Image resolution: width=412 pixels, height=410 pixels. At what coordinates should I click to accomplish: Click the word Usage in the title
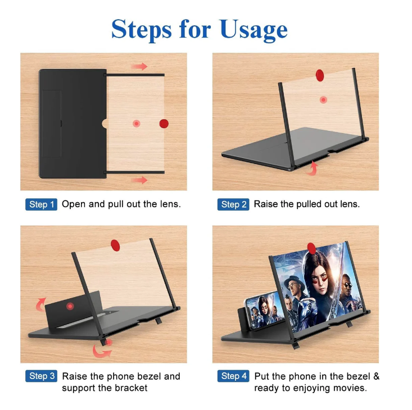tap(253, 30)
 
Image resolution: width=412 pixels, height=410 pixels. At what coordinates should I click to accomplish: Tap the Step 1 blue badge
tap(41, 204)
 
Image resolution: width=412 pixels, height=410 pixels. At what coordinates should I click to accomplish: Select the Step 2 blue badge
tap(233, 204)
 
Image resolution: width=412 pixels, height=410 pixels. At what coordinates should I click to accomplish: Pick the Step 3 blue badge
tap(41, 376)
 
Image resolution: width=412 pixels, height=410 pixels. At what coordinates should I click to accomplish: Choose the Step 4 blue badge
tap(233, 376)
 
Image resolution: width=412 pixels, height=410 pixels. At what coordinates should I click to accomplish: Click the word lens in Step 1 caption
tap(170, 204)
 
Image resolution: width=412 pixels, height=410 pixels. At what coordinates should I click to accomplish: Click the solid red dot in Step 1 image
tap(164, 124)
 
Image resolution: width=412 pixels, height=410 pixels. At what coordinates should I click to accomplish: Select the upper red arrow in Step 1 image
tap(139, 66)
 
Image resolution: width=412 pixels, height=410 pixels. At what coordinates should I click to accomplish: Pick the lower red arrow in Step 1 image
tap(139, 180)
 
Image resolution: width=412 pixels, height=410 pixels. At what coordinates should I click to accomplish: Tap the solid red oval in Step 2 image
tap(320, 75)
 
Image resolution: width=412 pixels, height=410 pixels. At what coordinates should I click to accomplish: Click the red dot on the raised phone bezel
tap(70, 306)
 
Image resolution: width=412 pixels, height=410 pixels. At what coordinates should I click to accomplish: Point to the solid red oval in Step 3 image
tap(115, 245)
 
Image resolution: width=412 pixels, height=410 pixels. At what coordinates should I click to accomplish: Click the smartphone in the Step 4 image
tap(264, 310)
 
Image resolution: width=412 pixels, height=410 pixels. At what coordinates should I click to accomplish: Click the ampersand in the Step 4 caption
tap(376, 376)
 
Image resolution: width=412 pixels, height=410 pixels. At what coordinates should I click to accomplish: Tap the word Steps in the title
tap(142, 30)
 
